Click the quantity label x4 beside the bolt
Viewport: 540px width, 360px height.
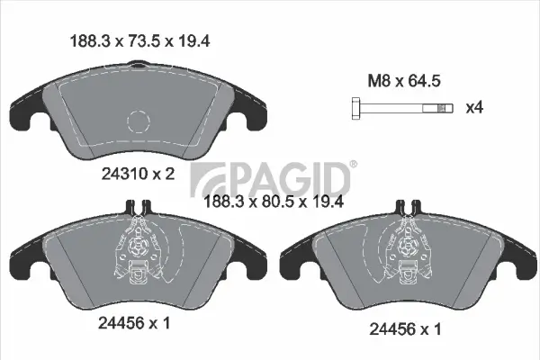coord(474,109)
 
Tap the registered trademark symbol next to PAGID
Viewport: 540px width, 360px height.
coord(352,165)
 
